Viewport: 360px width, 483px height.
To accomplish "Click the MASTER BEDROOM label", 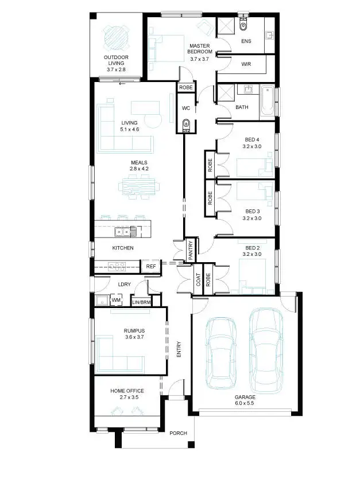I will [200, 49].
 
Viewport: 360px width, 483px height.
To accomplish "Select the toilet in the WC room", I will [185, 124].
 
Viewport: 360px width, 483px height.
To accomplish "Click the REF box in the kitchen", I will [151, 267].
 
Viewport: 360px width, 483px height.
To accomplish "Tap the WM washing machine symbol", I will [116, 299].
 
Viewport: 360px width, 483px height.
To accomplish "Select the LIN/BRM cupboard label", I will [141, 302].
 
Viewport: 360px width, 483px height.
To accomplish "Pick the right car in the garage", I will [266, 348].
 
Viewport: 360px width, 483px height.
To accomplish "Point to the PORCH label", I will [178, 433].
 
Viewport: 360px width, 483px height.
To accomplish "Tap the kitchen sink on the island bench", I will [122, 232].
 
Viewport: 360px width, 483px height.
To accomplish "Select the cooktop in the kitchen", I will [118, 266].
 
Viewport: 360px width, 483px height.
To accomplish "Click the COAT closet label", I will [199, 279].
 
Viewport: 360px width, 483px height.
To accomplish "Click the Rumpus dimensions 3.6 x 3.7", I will [133, 337].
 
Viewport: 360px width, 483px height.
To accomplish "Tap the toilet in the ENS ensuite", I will [243, 25].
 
